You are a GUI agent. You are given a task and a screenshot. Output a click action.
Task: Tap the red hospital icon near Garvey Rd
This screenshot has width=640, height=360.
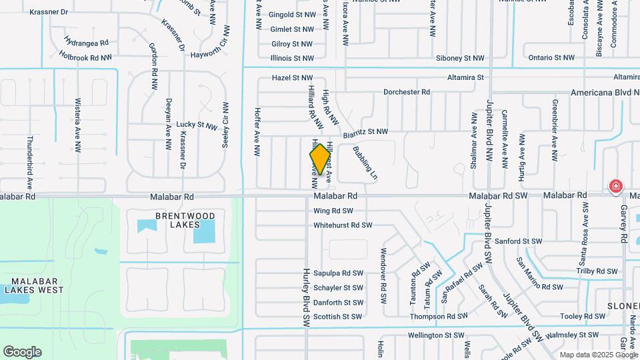(615, 186)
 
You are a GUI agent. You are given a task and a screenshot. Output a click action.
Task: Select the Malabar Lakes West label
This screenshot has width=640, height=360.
(34, 285)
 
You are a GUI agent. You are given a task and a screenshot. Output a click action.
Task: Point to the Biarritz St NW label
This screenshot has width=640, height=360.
(365, 133)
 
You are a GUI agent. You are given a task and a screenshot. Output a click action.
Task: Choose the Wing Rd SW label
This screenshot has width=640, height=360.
(333, 211)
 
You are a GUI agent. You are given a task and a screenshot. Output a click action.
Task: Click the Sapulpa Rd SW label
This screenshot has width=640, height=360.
(338, 273)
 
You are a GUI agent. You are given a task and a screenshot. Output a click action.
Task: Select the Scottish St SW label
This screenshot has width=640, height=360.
(338, 317)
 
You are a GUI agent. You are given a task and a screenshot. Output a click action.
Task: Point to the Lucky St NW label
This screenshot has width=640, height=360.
(197, 125)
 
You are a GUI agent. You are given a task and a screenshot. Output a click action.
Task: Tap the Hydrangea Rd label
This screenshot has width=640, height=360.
(87, 42)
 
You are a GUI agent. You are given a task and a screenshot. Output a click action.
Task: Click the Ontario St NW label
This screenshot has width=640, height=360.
(551, 58)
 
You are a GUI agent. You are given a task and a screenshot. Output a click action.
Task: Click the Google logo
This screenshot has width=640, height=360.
(22, 352)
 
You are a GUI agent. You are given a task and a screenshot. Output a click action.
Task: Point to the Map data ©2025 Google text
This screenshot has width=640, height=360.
(599, 355)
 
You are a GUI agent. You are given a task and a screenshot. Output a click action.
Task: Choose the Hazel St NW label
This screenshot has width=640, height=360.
(293, 78)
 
